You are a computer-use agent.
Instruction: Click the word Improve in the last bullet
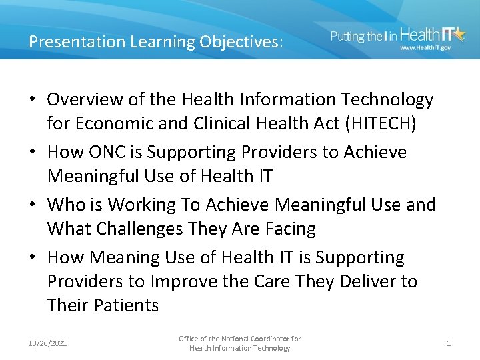181,281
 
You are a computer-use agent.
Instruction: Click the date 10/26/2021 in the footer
48,343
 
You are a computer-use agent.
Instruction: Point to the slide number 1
449,343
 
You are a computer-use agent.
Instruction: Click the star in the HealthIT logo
459,35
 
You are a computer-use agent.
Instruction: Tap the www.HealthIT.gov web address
425,48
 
